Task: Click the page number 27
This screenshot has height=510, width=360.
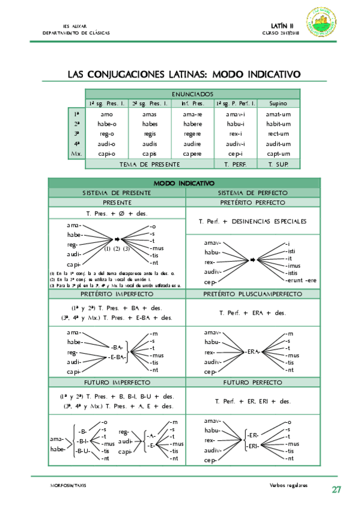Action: pos(337,490)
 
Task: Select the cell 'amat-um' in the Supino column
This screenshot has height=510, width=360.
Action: pos(278,114)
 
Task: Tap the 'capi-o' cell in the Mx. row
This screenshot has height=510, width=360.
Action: pos(106,154)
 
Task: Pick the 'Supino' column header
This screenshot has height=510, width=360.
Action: pos(278,103)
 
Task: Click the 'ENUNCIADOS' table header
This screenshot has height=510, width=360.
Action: pos(192,94)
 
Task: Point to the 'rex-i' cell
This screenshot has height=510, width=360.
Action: pos(236,134)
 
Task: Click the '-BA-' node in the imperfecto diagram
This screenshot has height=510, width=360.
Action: pos(118,348)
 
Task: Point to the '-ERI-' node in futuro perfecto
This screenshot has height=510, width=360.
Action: pos(253,446)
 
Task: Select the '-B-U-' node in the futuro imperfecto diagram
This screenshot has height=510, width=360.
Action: pos(84,449)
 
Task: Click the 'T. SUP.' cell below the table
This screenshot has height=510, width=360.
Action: pos(278,164)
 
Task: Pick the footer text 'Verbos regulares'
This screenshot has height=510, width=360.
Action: pos(289,484)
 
